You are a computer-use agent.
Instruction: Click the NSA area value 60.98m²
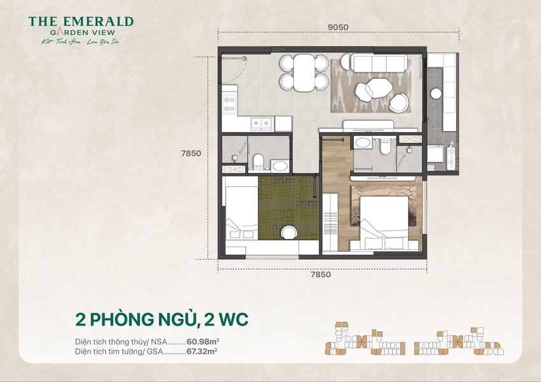tap(205, 341)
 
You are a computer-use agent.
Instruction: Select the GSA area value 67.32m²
tap(204, 350)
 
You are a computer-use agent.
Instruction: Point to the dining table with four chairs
tap(304, 72)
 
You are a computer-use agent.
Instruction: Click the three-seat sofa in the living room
tap(379, 63)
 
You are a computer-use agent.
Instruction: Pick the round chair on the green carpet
tap(289, 233)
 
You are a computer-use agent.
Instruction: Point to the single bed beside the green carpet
tap(241, 213)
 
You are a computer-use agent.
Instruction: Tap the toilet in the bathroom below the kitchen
tap(258, 161)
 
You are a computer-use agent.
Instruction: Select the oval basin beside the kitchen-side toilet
tap(279, 166)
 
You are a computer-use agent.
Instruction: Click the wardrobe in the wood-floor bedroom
tap(331, 222)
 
